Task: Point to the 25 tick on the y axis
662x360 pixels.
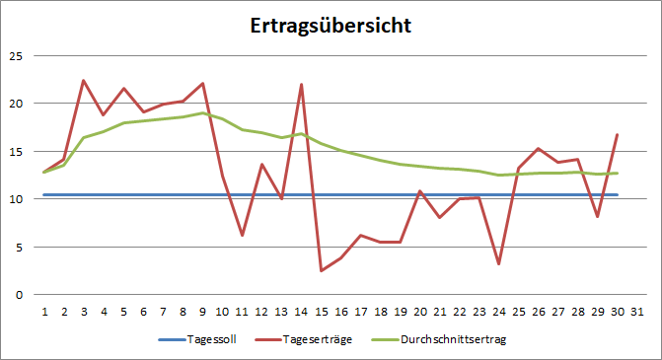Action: (15, 55)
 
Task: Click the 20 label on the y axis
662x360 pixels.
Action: (15, 104)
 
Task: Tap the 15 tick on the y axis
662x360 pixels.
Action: (15, 151)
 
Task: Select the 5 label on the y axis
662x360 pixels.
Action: (18, 247)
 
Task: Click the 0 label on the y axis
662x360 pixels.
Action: (18, 294)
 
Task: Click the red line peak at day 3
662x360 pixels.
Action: (84, 81)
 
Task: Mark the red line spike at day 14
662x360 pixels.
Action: (302, 85)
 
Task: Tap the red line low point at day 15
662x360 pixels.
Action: (322, 270)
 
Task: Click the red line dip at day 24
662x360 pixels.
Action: (499, 263)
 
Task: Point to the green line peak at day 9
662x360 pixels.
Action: (202, 112)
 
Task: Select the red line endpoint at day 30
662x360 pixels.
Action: (618, 134)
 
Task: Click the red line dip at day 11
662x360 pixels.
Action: (242, 235)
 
